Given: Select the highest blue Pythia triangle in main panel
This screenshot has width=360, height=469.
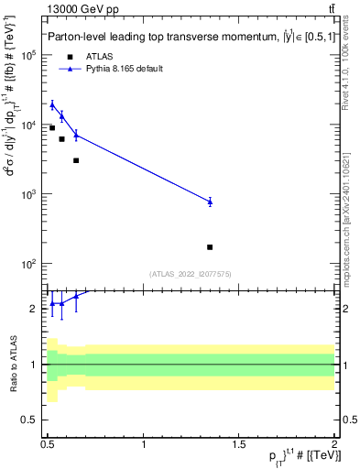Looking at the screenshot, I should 52,104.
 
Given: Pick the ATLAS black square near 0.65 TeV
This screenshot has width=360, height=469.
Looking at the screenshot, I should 76,160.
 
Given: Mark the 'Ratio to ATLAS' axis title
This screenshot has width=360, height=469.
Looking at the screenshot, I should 12,365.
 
